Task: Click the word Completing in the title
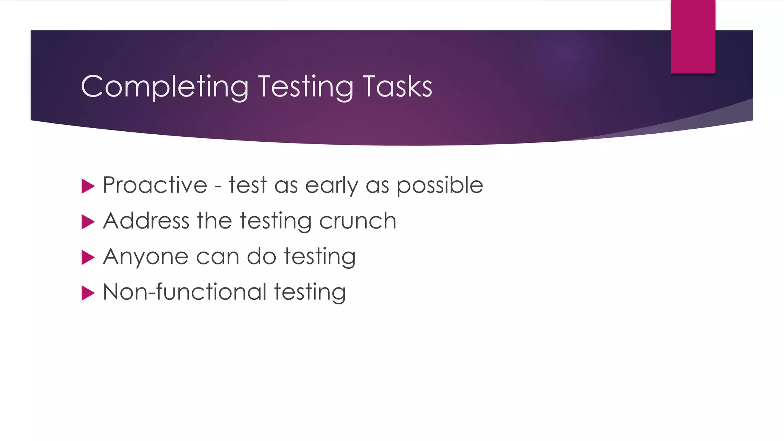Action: click(x=165, y=87)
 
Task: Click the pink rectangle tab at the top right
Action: click(x=693, y=37)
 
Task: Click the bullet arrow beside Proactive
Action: click(x=88, y=186)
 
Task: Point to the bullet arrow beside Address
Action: click(x=88, y=222)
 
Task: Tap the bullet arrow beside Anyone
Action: click(x=88, y=258)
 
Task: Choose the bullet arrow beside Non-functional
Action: click(x=88, y=293)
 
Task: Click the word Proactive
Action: click(x=155, y=185)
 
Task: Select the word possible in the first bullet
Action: click(x=439, y=186)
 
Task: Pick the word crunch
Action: click(x=358, y=221)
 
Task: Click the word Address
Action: click(x=146, y=221)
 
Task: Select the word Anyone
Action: click(x=145, y=257)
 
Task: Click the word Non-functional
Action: click(x=185, y=292)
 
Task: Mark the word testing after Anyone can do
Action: click(x=320, y=257)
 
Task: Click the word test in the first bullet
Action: click(x=247, y=185)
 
